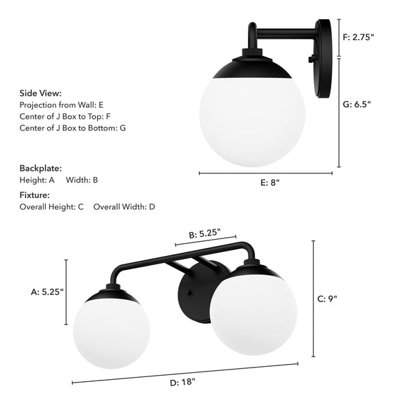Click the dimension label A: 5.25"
tap(47, 292)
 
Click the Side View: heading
tap(40, 94)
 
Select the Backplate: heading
tap(40, 167)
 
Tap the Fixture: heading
tap(35, 195)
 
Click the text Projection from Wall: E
tap(62, 105)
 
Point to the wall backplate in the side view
tap(324, 43)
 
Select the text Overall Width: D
tap(124, 206)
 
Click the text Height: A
tap(38, 180)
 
